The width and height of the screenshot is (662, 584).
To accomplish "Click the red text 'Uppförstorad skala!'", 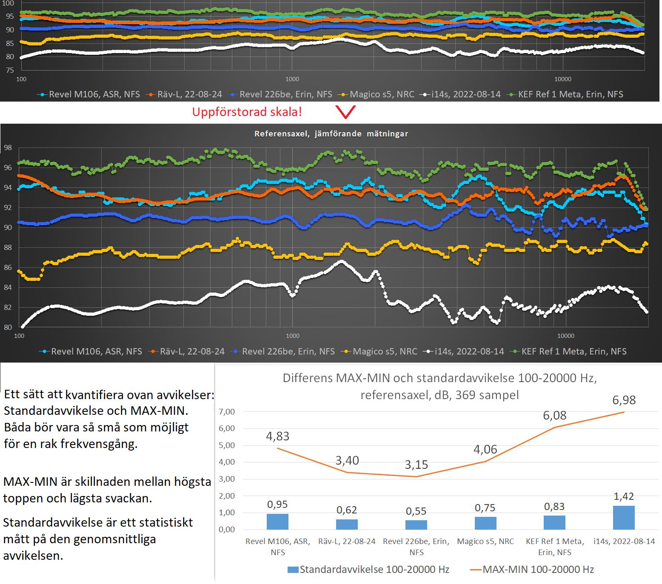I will tap(247, 112).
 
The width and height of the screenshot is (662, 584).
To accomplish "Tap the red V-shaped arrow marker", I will tap(345, 112).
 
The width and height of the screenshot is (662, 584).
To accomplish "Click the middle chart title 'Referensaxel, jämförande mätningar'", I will tap(331, 134).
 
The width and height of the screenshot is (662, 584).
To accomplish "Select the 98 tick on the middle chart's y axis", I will tap(8, 147).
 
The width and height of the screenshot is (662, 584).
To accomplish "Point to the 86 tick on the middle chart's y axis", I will tap(8, 267).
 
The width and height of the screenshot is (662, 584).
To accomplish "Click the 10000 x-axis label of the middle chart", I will tap(565, 336).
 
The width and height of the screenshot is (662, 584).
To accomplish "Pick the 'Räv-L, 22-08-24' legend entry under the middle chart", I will tap(192, 352).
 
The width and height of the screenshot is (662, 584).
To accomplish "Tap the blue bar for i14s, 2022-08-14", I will tap(624, 518).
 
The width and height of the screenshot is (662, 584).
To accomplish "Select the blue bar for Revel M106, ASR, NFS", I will tap(277, 522).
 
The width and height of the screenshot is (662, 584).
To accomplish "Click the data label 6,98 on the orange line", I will tap(624, 400).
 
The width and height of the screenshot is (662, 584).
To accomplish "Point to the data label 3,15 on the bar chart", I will tap(416, 465).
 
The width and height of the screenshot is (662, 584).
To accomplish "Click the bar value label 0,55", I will tap(416, 511).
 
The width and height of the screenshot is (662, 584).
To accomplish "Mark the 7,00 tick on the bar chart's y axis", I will tap(227, 411).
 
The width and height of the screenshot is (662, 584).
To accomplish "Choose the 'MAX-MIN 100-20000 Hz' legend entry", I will tap(538, 570).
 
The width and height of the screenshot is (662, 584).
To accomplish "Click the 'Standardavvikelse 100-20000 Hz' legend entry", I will tap(374, 570).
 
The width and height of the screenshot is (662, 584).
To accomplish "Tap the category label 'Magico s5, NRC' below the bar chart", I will tap(485, 541).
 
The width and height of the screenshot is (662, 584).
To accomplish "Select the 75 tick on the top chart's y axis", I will tap(10, 70).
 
